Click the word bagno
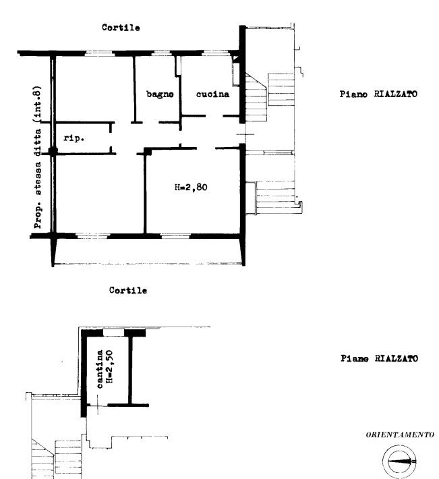[160, 94]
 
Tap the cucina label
[213, 94]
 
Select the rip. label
[74, 138]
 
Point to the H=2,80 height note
[191, 187]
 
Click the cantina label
[100, 369]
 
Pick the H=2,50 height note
[109, 366]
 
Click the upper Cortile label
[121, 28]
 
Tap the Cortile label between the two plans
[128, 290]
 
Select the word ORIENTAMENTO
[400, 434]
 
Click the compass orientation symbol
[400, 461]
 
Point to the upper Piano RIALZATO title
[378, 94]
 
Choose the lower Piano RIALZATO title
[379, 358]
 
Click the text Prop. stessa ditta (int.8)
[37, 157]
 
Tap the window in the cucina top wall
[215, 53]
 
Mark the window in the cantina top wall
[113, 333]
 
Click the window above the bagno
[161, 53]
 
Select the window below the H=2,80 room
[175, 236]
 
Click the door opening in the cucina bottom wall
[214, 116]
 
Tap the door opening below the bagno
[150, 123]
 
